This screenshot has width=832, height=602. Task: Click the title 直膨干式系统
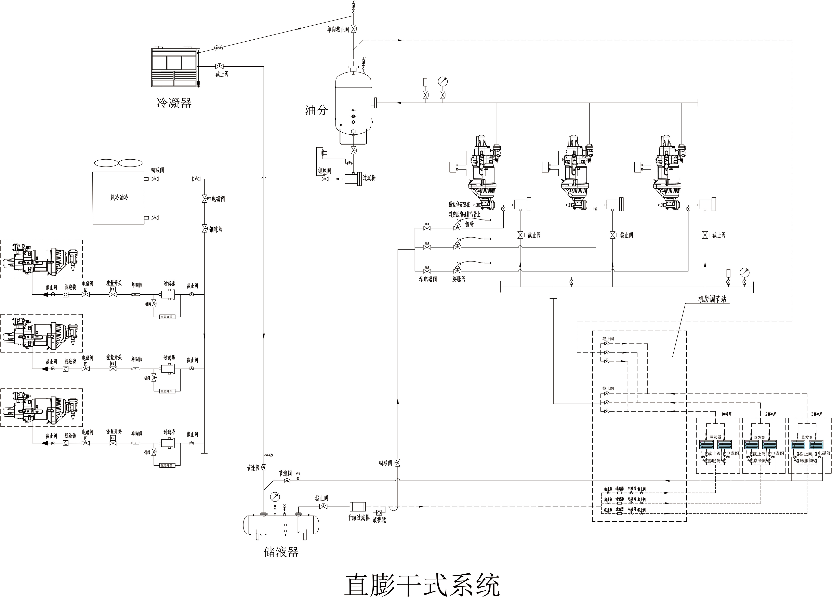pos(422,585)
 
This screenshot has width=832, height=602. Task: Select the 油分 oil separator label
pos(316,110)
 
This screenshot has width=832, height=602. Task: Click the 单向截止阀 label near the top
pos(338,29)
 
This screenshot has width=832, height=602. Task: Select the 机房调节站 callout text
pos(712,299)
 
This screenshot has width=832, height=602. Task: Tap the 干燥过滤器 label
pos(358,518)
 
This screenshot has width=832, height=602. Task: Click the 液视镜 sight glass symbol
pos(379,512)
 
